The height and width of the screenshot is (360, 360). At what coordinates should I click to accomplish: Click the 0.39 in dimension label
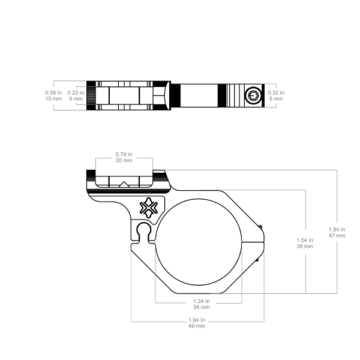(53, 92)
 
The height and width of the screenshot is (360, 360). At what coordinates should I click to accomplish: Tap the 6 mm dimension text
(76, 99)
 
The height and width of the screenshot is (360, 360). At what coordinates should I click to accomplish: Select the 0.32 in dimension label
(276, 92)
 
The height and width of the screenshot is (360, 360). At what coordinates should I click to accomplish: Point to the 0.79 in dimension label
(124, 154)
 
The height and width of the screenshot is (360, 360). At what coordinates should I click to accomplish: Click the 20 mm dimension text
(124, 160)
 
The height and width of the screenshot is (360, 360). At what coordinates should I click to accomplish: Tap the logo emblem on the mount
(149, 208)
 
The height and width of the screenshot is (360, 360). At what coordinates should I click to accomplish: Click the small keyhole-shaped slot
(144, 232)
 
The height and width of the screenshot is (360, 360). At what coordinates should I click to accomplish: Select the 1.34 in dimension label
(202, 301)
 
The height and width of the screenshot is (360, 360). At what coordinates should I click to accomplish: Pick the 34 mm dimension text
(202, 307)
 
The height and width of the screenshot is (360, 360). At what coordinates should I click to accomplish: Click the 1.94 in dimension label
(197, 320)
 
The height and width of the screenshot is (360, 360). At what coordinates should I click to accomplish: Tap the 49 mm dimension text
(197, 326)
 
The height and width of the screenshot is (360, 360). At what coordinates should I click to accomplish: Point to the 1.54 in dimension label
(305, 240)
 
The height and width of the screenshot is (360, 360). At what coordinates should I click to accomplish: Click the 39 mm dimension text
(305, 246)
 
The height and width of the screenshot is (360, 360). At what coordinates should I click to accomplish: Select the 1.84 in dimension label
(337, 229)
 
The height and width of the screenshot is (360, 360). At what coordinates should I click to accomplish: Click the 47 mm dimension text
(337, 235)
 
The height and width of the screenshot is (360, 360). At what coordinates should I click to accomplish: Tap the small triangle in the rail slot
(124, 184)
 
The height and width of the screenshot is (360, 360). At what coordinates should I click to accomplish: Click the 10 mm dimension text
(53, 99)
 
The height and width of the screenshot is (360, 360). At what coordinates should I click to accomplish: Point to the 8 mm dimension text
(276, 99)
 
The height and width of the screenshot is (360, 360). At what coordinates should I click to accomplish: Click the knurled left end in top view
(91, 95)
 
